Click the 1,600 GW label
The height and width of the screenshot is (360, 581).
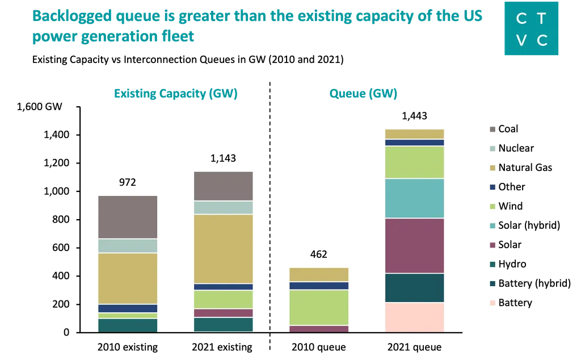[x=39, y=106]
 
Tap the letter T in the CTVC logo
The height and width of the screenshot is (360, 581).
[x=542, y=19]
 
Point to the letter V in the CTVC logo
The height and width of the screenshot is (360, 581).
[x=521, y=40]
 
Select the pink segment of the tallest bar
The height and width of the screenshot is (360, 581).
[x=414, y=317]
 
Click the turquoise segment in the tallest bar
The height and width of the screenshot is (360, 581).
[x=414, y=198]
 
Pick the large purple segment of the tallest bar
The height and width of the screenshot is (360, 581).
[x=414, y=245]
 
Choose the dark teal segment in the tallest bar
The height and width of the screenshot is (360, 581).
[x=414, y=288]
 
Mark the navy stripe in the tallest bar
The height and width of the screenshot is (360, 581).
[x=414, y=143]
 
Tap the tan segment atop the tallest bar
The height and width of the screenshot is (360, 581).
[x=414, y=134]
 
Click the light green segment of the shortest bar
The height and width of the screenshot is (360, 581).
[x=319, y=307]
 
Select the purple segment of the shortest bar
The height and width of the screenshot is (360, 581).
[x=319, y=329]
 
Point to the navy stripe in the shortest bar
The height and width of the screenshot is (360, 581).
[x=319, y=286]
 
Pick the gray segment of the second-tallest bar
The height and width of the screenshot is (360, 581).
[x=223, y=186]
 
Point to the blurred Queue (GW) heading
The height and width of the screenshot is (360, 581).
[x=363, y=94]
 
